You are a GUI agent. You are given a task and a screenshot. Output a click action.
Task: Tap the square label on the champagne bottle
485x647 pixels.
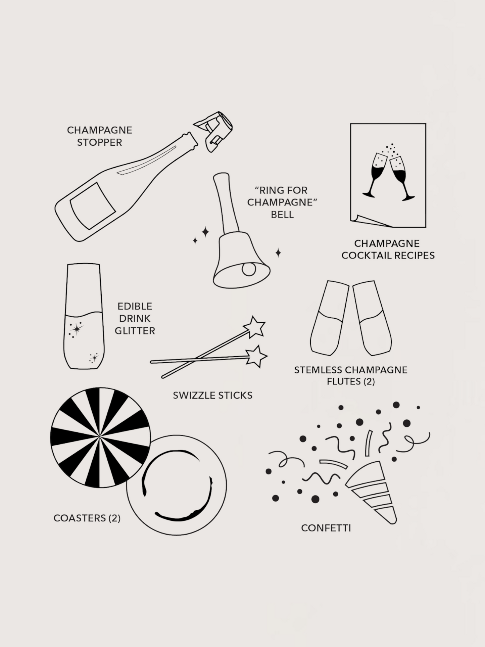(92, 205)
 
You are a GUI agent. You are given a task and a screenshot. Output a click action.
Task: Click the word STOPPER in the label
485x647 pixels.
(99, 142)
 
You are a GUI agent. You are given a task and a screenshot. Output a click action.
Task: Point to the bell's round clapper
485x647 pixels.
(249, 269)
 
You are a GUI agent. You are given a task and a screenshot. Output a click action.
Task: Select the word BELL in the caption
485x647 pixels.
(282, 215)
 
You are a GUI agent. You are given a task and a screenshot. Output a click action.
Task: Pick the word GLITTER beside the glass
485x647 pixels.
(135, 331)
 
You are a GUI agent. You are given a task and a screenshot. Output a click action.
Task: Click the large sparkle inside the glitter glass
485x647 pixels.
(77, 329)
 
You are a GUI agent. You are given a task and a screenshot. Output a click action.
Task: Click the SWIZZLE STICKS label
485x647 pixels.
(212, 395)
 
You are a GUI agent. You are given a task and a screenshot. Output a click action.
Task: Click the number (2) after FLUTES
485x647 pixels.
(369, 382)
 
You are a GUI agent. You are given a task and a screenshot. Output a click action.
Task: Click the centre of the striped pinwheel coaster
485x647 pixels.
(100, 437)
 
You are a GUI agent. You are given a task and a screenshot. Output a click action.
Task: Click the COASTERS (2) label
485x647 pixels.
(87, 518)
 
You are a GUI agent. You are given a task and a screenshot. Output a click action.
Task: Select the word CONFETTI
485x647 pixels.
(326, 528)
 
